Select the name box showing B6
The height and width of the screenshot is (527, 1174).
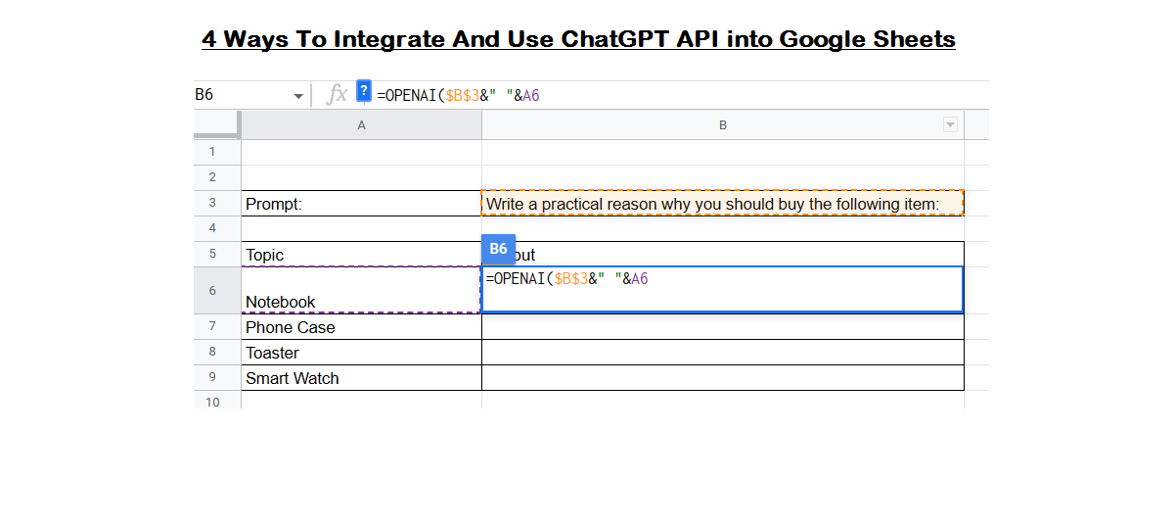point(240,95)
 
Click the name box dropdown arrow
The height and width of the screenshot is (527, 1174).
point(298,96)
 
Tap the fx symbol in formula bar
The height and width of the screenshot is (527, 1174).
point(337,94)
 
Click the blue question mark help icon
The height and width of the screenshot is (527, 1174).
point(364,91)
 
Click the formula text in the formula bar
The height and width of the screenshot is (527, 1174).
point(459,95)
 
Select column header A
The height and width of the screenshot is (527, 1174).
point(361,125)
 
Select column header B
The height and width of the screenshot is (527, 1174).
point(722,125)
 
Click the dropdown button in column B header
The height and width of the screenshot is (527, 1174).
point(949,125)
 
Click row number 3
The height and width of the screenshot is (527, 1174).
point(212,203)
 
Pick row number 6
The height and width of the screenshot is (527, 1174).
point(212,291)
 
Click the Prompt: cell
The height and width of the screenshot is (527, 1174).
point(361,204)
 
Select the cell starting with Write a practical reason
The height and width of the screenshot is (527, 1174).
point(722,204)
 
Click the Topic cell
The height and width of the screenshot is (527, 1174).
point(361,255)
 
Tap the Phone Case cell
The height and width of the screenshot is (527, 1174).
point(361,327)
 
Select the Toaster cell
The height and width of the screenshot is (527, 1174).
point(361,353)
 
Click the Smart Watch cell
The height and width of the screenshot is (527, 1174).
point(361,378)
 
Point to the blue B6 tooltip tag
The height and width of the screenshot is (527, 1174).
point(498,249)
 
